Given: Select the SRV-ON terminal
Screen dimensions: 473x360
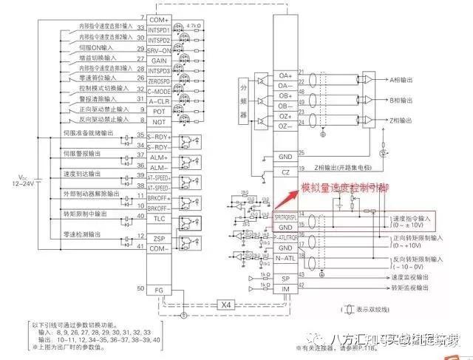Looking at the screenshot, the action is (x=159, y=48).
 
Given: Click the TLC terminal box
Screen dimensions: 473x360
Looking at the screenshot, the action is (x=159, y=217).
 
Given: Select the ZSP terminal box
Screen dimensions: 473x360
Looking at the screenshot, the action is (x=159, y=238).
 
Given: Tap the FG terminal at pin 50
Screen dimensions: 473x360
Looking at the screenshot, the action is (x=159, y=289).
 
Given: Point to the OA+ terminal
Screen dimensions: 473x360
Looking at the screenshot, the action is (x=285, y=75).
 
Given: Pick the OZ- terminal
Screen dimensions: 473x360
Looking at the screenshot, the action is (x=285, y=126).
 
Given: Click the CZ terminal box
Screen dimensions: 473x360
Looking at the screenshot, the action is (x=285, y=171).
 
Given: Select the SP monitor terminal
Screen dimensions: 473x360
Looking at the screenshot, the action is (x=285, y=278).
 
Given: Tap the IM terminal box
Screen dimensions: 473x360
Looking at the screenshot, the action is (x=285, y=290).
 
